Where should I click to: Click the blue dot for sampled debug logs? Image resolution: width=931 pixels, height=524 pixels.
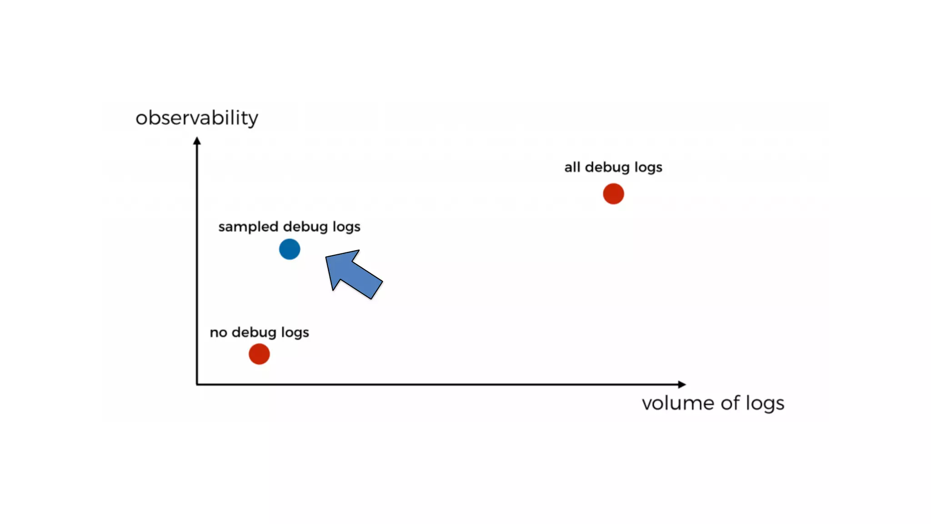pos(290,249)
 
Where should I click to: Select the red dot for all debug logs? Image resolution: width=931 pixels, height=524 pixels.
pos(613,194)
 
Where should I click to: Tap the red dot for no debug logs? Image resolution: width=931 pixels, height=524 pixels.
pos(259,354)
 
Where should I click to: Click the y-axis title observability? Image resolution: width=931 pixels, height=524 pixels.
pos(197,118)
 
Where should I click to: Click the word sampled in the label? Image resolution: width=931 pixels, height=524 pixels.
pos(248,227)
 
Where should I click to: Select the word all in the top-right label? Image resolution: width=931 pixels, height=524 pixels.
pos(572,167)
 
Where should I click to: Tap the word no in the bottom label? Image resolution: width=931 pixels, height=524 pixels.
pos(218,332)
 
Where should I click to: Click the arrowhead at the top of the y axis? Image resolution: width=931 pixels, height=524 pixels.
pos(197,141)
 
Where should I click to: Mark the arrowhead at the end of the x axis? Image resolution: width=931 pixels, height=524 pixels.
pos(681,384)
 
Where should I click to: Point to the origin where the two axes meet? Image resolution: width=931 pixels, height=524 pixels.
pos(197,384)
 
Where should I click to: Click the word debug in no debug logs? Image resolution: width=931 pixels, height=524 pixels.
pos(254,332)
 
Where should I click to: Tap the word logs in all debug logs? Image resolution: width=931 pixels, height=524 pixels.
pos(648,167)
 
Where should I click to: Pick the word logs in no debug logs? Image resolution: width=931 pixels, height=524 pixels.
pos(295,333)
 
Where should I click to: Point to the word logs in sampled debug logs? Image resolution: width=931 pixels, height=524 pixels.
pos(346,227)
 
